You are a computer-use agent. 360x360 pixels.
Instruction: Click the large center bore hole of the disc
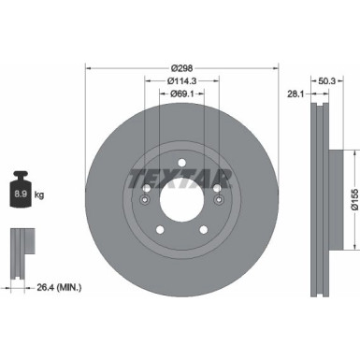pos(180,200)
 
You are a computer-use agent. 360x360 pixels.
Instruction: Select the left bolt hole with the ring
pos(146,195)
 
